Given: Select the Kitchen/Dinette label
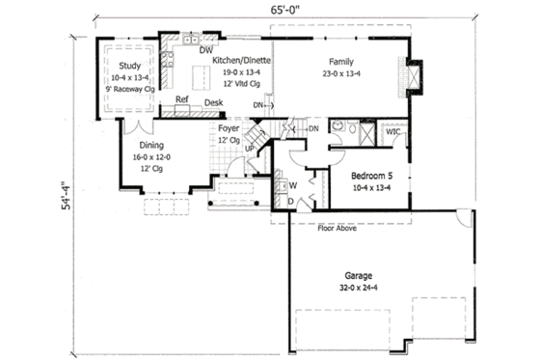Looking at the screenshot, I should click(x=241, y=60).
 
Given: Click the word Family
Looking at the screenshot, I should click(x=339, y=60).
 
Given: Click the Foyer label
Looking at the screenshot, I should click(x=229, y=127).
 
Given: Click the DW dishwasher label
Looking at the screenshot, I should click(x=205, y=49).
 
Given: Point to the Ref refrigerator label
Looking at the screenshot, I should click(x=181, y=99).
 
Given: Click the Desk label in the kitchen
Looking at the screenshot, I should click(x=214, y=102).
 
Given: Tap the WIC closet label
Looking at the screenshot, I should click(x=393, y=132).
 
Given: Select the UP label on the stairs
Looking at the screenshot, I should click(x=249, y=149).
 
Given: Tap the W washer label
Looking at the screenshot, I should click(x=292, y=184).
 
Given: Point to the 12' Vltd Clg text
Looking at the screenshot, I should click(x=241, y=83).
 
